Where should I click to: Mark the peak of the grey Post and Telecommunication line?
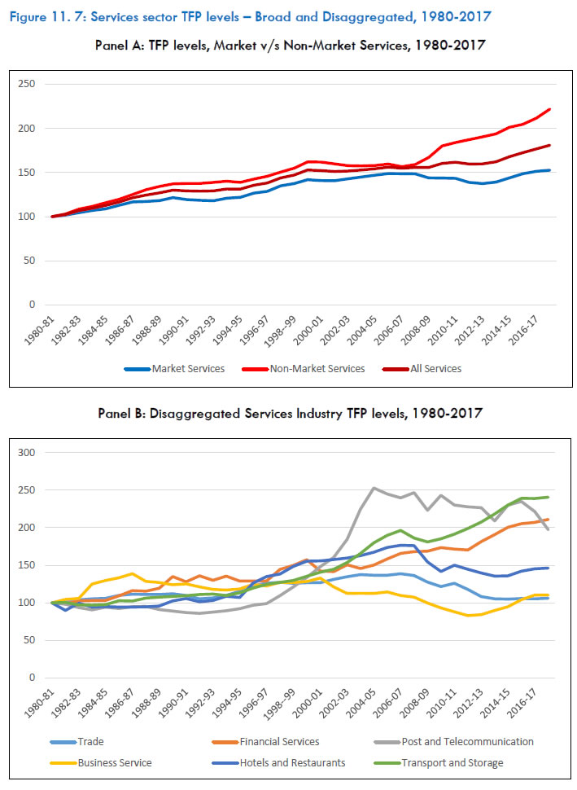coord(374,488)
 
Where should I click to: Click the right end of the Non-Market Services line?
coord(550,109)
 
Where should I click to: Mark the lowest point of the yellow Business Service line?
coord(468,616)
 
